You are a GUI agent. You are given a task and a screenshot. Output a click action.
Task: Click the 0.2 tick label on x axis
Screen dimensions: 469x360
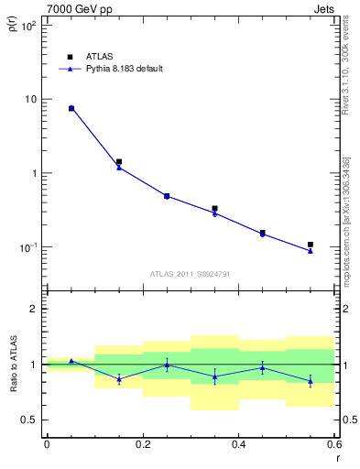(142, 444)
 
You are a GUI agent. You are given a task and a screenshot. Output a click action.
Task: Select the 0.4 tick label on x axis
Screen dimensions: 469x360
(238, 444)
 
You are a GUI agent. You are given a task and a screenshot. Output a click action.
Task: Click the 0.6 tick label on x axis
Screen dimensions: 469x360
(333, 444)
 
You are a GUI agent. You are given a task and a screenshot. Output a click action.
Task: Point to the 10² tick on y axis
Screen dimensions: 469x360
(29, 26)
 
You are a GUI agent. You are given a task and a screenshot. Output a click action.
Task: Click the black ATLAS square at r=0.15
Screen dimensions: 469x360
(119, 162)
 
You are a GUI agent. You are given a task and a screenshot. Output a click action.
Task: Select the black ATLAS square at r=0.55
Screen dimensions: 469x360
(311, 245)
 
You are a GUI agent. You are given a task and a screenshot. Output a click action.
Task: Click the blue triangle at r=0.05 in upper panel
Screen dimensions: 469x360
(71, 108)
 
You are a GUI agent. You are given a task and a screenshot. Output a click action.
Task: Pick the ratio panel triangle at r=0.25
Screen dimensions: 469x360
(167, 365)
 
